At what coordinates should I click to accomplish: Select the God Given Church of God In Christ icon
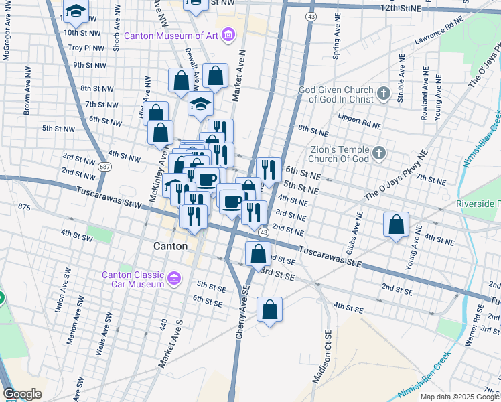[x=384, y=93]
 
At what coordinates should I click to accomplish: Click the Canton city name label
[x=170, y=246]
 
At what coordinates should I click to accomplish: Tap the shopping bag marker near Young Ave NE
[x=397, y=224]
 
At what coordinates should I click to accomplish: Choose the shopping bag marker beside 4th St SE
[x=269, y=310]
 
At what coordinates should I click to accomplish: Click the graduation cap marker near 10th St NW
[x=76, y=10]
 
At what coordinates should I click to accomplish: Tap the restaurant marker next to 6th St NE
[x=268, y=170]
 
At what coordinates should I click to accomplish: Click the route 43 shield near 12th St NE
[x=311, y=15]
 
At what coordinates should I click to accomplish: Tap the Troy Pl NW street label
[x=86, y=48]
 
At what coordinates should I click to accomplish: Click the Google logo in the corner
[x=22, y=394]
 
